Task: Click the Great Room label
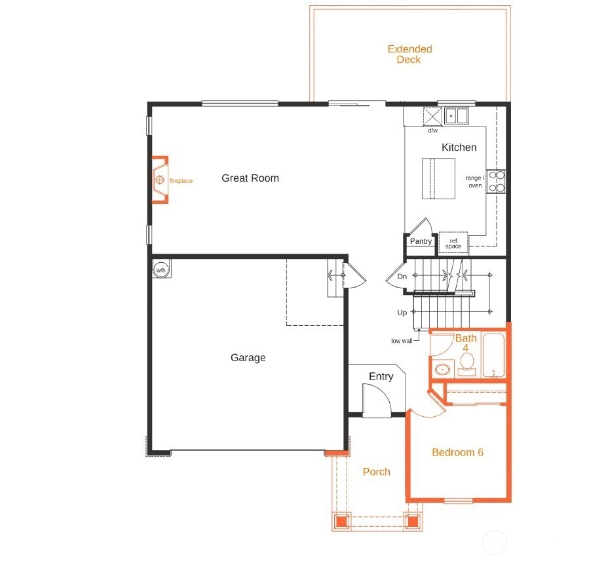click(250, 178)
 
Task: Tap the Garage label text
click(248, 358)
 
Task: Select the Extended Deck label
click(409, 54)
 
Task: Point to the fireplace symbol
click(160, 180)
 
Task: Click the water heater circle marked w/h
click(161, 269)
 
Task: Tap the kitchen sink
click(456, 115)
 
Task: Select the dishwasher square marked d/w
click(432, 117)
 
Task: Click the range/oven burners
click(496, 182)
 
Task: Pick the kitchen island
click(438, 178)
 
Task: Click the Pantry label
click(421, 241)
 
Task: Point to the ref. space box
click(453, 243)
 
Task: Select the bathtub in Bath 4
click(494, 355)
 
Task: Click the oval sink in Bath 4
click(442, 369)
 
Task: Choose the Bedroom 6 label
click(457, 452)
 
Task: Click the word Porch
click(377, 472)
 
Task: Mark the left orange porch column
click(341, 521)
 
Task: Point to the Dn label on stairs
click(402, 277)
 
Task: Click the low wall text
click(402, 341)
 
